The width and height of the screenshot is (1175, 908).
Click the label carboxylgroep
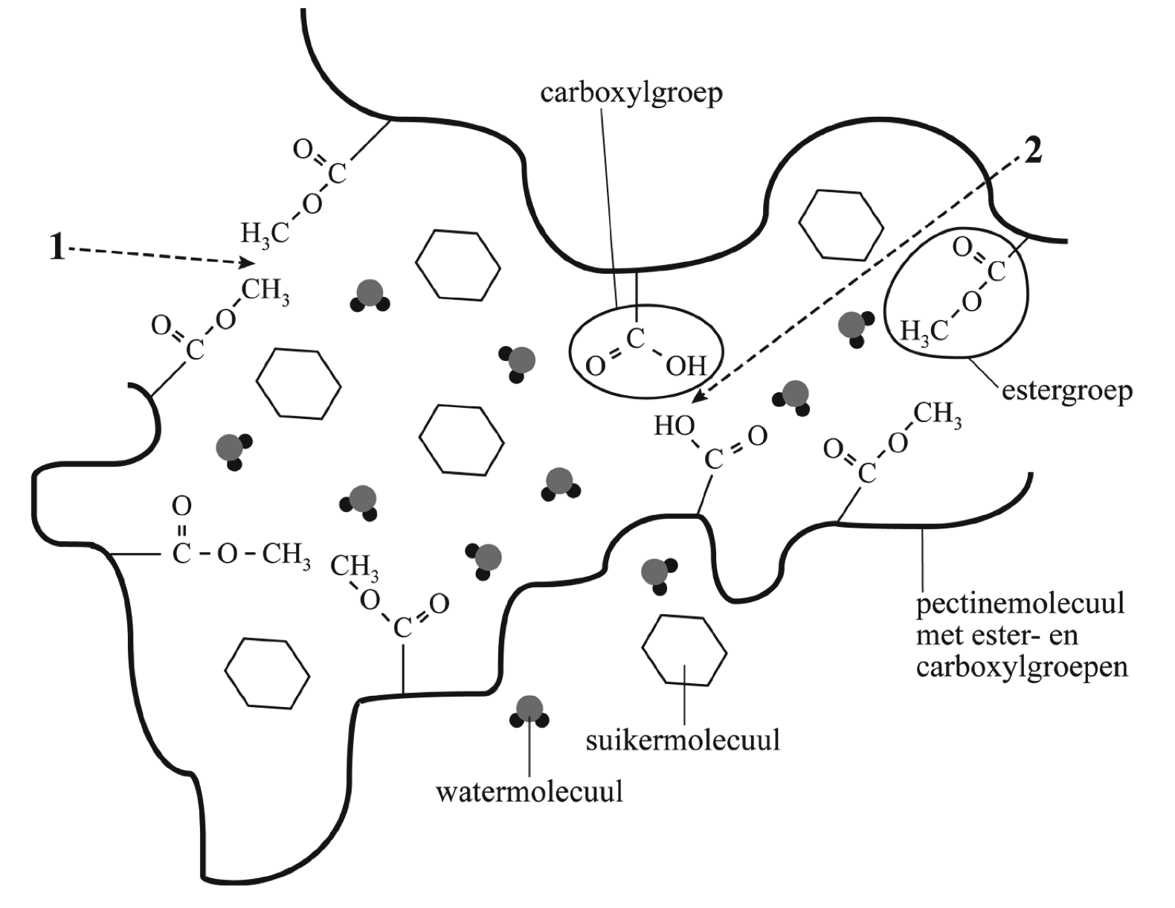point(631,95)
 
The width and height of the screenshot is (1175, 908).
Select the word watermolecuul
point(529,791)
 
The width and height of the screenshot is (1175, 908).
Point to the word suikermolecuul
point(683,741)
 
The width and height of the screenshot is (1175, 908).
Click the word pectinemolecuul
point(1020,603)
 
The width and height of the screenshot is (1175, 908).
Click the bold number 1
point(57,248)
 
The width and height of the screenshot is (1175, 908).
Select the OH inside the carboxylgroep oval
point(686,366)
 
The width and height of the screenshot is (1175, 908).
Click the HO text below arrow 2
point(673,426)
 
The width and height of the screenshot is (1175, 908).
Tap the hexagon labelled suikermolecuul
point(683,649)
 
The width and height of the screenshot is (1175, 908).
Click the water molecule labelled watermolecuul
point(529,710)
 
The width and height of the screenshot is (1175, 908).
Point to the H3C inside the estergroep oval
point(924,330)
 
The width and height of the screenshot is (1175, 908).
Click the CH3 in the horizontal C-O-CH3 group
point(286,555)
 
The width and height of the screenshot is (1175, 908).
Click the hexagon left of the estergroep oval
point(840,225)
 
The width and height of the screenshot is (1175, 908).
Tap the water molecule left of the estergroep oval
point(853,327)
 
